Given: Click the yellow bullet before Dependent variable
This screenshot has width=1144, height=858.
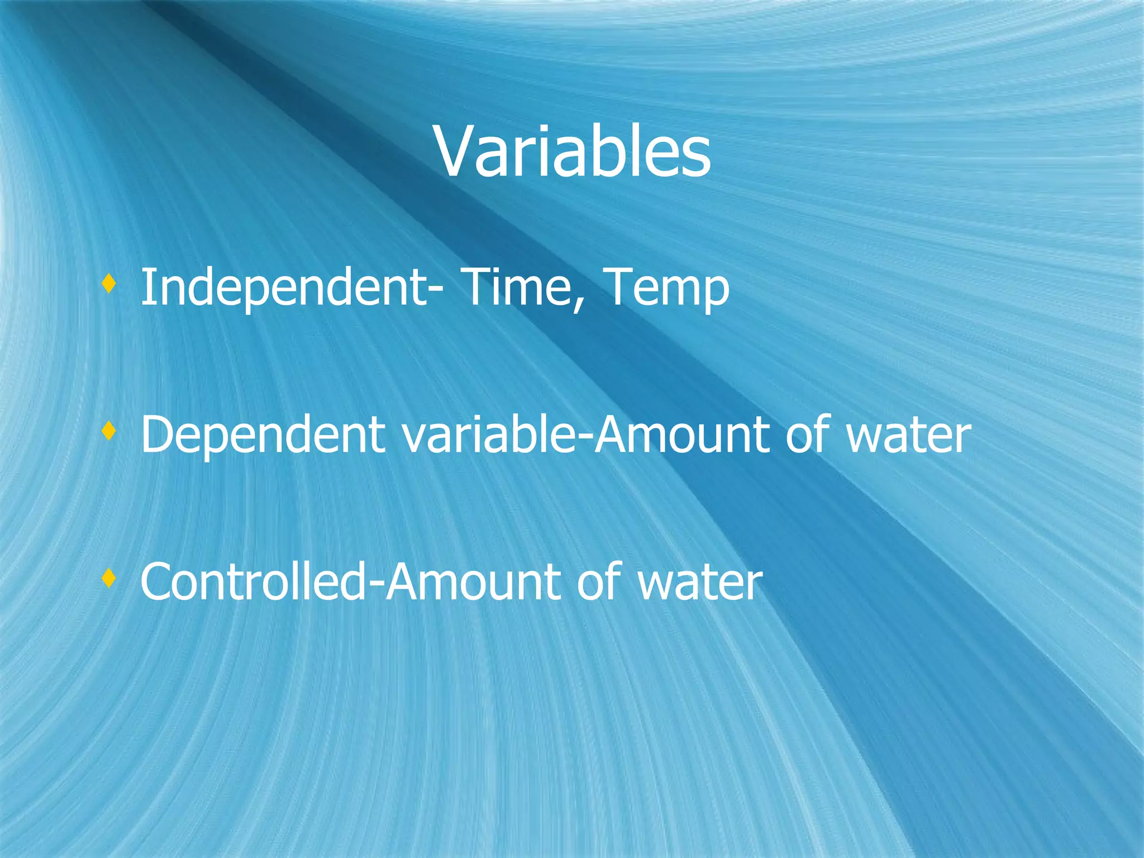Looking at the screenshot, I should coord(109,431).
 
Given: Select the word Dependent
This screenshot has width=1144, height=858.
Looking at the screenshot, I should coord(263,436).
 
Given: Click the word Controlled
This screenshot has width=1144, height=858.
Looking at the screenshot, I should coord(254,582).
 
